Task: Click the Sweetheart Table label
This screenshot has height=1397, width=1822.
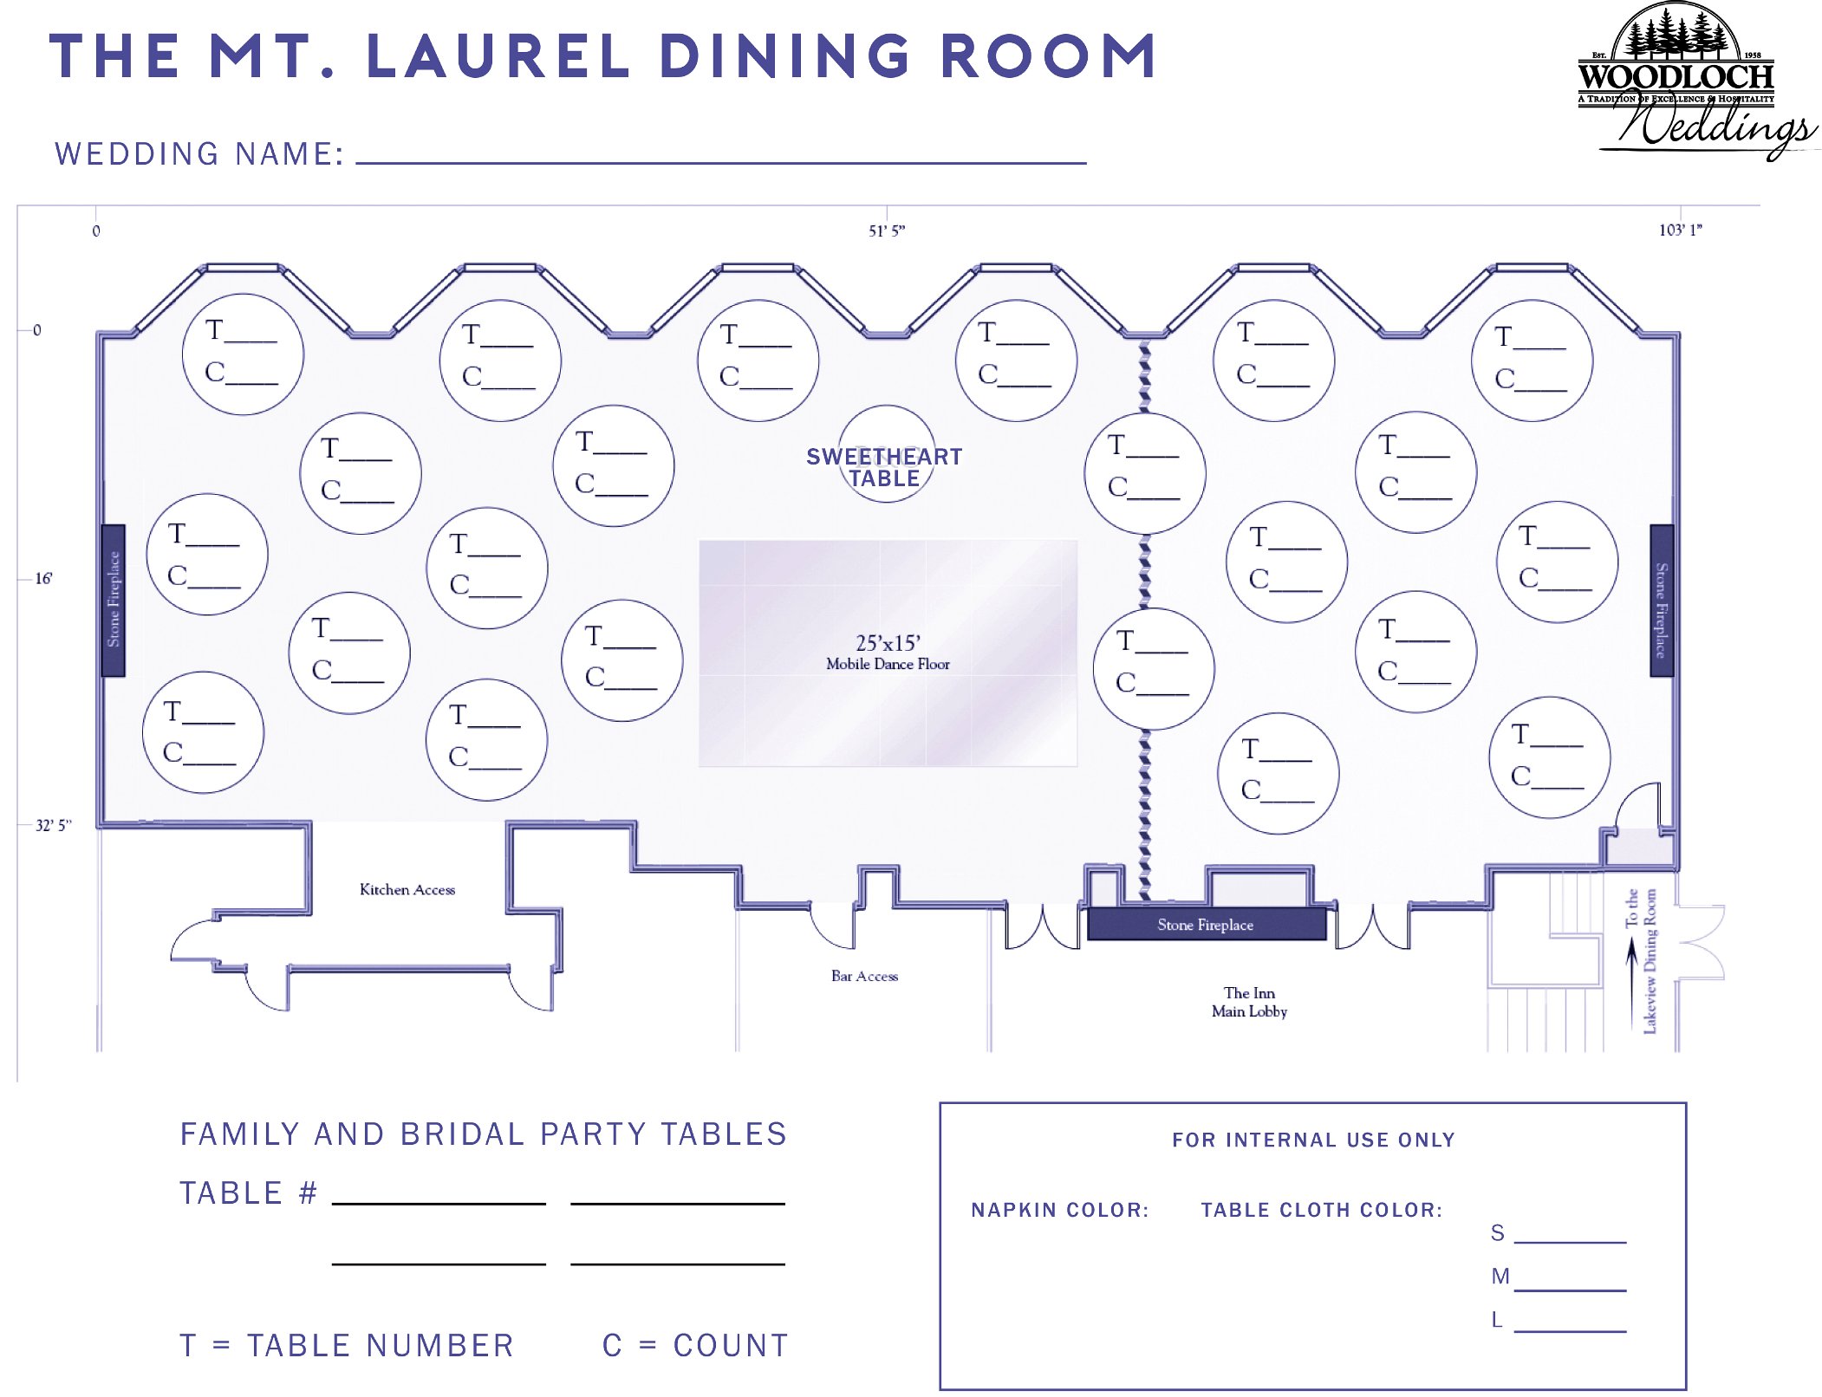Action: pyautogui.click(x=884, y=467)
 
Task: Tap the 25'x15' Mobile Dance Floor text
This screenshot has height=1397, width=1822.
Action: pyautogui.click(x=888, y=653)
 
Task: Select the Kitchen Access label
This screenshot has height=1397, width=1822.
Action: pyautogui.click(x=407, y=889)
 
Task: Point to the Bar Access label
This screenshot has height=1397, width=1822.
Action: pyautogui.click(x=864, y=976)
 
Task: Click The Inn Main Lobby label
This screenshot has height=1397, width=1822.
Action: pyautogui.click(x=1249, y=1002)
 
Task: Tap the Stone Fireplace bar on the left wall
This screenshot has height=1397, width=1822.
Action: pyautogui.click(x=114, y=600)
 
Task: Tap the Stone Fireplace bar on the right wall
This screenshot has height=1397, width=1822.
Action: pyautogui.click(x=1661, y=600)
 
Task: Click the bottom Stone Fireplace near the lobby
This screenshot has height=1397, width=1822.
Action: pyautogui.click(x=1206, y=924)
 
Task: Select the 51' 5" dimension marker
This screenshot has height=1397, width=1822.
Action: pyautogui.click(x=887, y=231)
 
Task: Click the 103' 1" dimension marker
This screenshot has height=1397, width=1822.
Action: pyautogui.click(x=1680, y=230)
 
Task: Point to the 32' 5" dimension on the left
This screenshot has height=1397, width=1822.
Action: pyautogui.click(x=53, y=825)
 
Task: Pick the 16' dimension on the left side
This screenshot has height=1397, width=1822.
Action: pyautogui.click(x=43, y=578)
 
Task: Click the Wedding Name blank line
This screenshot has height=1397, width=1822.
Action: pyautogui.click(x=721, y=162)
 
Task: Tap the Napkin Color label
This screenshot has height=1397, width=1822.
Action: pyautogui.click(x=1059, y=1210)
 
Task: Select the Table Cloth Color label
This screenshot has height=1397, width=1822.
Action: pyautogui.click(x=1321, y=1210)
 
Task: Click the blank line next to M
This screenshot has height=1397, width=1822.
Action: pyautogui.click(x=1570, y=1290)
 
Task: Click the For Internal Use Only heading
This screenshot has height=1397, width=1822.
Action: pyautogui.click(x=1313, y=1140)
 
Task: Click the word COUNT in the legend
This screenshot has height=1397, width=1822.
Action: pyautogui.click(x=731, y=1345)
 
